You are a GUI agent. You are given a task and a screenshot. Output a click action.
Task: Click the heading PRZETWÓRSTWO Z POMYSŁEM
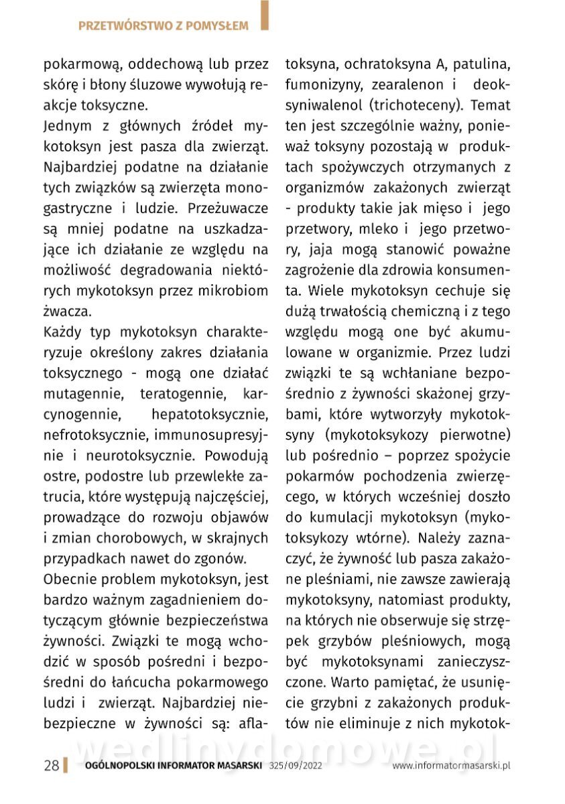[x=163, y=26]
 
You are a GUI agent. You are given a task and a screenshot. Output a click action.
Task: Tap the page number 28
[x=51, y=766]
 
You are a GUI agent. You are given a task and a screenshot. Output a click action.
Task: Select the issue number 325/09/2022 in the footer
[x=296, y=766]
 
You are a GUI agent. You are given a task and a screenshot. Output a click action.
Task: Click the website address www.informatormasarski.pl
[x=452, y=766]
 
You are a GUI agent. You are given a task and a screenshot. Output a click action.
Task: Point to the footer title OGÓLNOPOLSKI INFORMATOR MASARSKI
[x=174, y=766]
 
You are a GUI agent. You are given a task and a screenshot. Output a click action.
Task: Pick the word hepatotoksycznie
[x=210, y=415]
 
